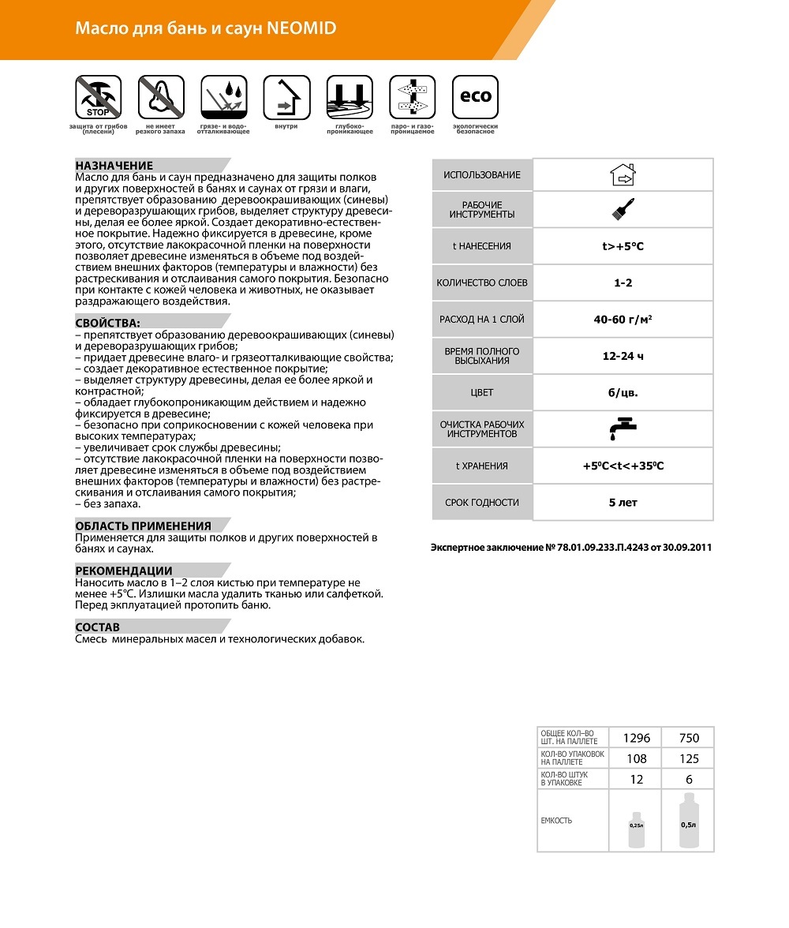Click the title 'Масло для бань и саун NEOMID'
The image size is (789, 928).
205,28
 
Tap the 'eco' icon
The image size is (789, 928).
475,97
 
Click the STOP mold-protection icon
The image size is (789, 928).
98,97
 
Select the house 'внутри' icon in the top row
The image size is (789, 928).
286,97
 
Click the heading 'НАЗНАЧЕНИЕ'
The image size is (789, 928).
114,166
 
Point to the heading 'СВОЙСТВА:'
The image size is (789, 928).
108,323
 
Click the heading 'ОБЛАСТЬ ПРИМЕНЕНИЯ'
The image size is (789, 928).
143,526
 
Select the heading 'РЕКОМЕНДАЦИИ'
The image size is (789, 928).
124,571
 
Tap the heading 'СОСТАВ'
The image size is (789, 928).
98,627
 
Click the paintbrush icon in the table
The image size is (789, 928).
623,209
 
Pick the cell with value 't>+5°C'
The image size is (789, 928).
623,246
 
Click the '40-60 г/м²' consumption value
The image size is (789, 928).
623,320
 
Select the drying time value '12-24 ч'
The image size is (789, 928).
623,356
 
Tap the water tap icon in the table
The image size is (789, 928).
623,428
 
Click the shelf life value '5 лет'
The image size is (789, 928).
623,502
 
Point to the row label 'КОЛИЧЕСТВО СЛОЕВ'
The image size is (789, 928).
482,283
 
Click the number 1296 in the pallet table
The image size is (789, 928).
636,738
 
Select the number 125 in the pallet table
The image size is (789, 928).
688,758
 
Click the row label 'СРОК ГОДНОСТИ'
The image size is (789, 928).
482,502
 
